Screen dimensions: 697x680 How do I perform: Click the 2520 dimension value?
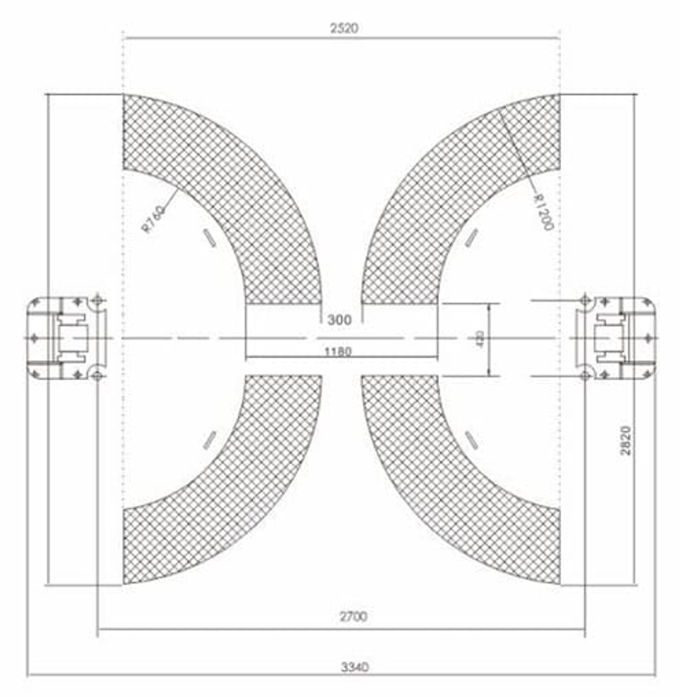(343, 28)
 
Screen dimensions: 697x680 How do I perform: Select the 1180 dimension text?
(338, 351)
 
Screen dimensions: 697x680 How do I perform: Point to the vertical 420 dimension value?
(480, 338)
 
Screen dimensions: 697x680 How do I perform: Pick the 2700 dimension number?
(353, 617)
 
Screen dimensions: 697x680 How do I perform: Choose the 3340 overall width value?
(354, 666)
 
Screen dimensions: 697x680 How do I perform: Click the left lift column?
(67, 338)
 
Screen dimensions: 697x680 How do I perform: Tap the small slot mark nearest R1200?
(471, 237)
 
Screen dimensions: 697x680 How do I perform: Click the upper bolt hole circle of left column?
(98, 300)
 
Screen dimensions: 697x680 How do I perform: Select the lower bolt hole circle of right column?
(584, 376)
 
